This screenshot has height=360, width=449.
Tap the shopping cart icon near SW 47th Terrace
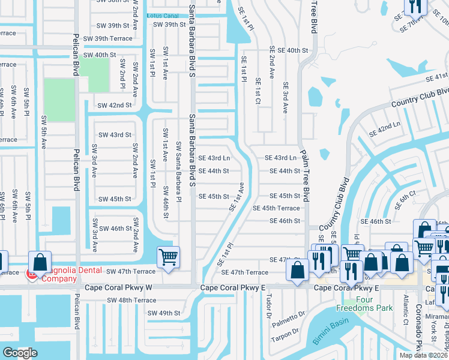[x=168, y=258]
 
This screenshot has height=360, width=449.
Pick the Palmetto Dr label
[x=286, y=317]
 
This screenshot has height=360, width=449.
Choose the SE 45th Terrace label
[x=276, y=208]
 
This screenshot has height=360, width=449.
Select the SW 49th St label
[x=164, y=313]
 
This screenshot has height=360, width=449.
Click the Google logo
[x=20, y=353]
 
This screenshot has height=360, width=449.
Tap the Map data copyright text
[x=424, y=355]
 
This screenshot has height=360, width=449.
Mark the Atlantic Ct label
[x=406, y=305]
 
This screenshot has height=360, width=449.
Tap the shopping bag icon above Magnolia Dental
[x=40, y=262]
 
